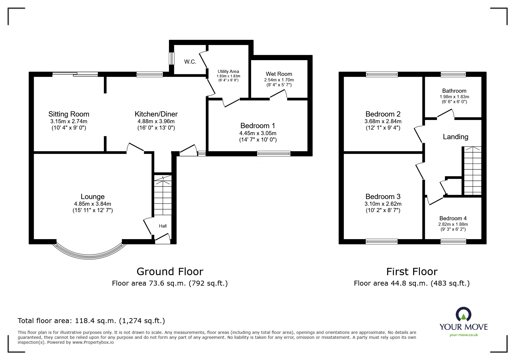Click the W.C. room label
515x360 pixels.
[190, 62]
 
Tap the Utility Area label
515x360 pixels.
[228, 71]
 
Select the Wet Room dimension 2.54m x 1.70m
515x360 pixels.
[279, 80]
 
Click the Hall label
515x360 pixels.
[163, 226]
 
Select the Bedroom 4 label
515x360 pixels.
[453, 218]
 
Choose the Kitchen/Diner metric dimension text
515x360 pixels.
[156, 121]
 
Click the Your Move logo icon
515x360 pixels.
[463, 315]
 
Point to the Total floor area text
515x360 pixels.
[91, 321]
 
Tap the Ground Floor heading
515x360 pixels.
[170, 272]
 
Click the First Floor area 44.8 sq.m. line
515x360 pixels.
[411, 283]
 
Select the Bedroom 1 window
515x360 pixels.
[274, 154]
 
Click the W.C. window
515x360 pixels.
[172, 59]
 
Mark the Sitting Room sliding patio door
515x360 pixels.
[75, 75]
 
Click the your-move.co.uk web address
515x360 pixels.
[464, 335]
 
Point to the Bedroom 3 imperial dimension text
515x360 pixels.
[383, 210]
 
